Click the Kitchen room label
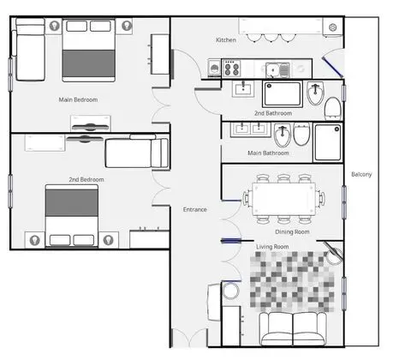coord(226,40)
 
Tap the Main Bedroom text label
coord(78,99)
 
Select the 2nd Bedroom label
coord(86,179)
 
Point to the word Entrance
coord(195,209)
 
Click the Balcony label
coord(361,174)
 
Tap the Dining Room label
coord(292,231)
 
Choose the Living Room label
coord(272,247)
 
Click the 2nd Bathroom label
coord(273,113)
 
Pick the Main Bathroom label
coord(268,153)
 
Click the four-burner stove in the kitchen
coord(231,69)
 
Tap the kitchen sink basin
coord(273,70)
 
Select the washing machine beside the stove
coord(214,69)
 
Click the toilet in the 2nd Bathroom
coord(333,109)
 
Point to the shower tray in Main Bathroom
coord(328,142)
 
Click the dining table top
coord(283,199)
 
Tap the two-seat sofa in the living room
coord(293,329)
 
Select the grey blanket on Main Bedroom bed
coord(89,63)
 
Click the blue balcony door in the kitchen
coord(332,67)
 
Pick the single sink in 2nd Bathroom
coord(243,89)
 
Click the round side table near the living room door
coord(230,291)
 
